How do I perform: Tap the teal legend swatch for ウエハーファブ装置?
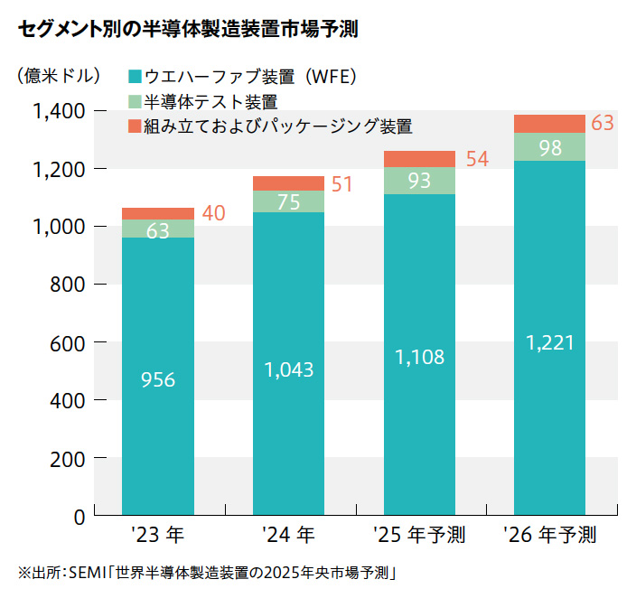coord(136,76)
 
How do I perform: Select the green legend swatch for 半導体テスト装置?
coord(136,101)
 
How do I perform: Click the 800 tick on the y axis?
coord(68,285)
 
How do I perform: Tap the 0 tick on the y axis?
coord(79,517)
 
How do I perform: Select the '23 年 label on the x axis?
coord(157,535)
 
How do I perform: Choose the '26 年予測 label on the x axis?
coord(549,535)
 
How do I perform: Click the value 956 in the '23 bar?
coord(158,380)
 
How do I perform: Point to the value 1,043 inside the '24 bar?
coord(288,369)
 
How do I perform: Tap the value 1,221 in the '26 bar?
coord(549,343)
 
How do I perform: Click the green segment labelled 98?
coord(549,147)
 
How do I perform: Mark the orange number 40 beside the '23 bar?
coord(213,214)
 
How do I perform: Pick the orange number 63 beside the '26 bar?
coord(603,123)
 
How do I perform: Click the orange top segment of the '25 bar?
coord(419,159)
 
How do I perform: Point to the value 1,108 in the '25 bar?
coord(419,357)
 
